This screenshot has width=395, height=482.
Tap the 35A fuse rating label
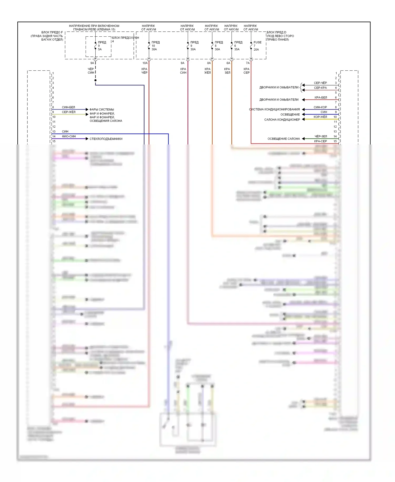(237, 49)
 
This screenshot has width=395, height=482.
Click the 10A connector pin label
(145, 63)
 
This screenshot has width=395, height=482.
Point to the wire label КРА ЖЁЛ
(208, 71)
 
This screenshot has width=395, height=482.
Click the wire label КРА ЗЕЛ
(227, 71)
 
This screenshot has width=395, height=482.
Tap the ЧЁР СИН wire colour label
(91, 71)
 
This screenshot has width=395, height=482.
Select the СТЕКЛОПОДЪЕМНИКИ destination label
(106, 139)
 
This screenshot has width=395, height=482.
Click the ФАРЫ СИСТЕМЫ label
(102, 109)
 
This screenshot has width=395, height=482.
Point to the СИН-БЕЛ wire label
(68, 107)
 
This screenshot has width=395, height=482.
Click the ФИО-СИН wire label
(69, 136)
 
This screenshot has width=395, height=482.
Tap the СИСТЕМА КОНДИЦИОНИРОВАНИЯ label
(274, 109)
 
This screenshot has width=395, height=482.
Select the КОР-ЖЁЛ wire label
(320, 117)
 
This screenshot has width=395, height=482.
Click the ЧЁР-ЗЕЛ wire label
(321, 136)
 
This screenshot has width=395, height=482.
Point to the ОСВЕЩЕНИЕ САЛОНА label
(284, 139)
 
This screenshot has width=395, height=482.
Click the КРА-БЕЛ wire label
(321, 98)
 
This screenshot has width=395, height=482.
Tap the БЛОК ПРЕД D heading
(276, 32)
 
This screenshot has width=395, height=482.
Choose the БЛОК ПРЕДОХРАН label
(125, 38)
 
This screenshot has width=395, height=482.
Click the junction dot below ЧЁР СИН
(95, 80)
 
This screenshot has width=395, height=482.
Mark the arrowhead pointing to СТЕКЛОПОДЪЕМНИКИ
(87, 139)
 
